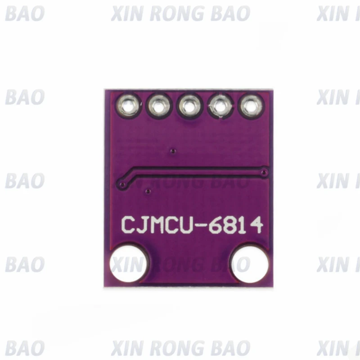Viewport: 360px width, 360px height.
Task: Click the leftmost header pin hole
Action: (129, 106)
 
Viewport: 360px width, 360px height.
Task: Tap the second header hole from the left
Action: (159, 107)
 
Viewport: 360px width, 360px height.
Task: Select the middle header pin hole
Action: (189, 107)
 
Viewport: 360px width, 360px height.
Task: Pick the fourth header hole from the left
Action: (220, 107)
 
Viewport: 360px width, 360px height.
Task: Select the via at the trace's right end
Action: (265, 172)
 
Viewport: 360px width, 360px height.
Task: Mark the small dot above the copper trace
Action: (173, 150)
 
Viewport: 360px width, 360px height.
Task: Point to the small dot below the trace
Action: (148, 192)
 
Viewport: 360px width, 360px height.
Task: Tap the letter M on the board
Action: (162, 225)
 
